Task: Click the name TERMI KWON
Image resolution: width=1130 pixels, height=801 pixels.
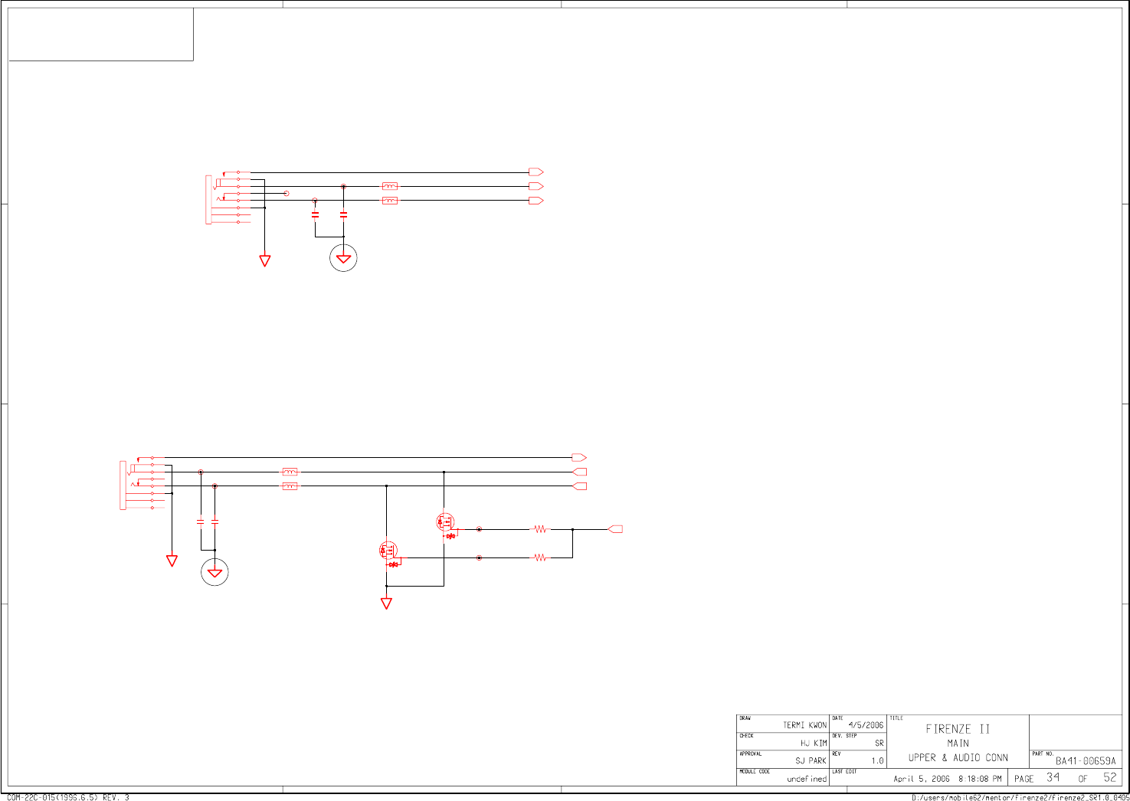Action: pyautogui.click(x=804, y=725)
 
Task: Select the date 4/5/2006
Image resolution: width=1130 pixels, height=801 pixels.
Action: pyautogui.click(x=866, y=725)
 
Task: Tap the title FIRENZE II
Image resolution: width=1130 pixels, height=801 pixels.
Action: pyautogui.click(x=958, y=729)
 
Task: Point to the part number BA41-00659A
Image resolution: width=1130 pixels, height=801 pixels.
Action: pyautogui.click(x=1086, y=761)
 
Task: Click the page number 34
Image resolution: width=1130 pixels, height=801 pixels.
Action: pyautogui.click(x=1053, y=777)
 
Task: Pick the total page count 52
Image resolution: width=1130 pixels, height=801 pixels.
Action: pyautogui.click(x=1110, y=777)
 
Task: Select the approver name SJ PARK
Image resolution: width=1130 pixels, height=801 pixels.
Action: pyautogui.click(x=811, y=761)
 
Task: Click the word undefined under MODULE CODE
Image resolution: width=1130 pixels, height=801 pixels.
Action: pyautogui.click(x=807, y=779)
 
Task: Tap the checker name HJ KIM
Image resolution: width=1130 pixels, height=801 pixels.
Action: pyautogui.click(x=814, y=744)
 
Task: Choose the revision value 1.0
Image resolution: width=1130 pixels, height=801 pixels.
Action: pyautogui.click(x=877, y=761)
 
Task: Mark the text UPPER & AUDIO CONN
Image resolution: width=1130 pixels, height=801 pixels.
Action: pyautogui.click(x=958, y=758)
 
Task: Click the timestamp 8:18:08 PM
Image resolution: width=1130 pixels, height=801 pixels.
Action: pyautogui.click(x=980, y=779)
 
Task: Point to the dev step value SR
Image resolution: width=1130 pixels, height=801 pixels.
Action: pyautogui.click(x=879, y=744)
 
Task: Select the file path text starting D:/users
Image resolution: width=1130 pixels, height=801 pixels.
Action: pyautogui.click(x=1019, y=797)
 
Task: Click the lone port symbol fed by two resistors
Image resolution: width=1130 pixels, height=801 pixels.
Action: pyautogui.click(x=615, y=529)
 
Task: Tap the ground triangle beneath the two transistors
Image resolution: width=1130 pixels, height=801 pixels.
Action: pyautogui.click(x=386, y=603)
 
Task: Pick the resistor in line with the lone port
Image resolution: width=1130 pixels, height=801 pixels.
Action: pyautogui.click(x=541, y=529)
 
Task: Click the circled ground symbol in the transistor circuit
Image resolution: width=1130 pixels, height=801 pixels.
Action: pyautogui.click(x=215, y=572)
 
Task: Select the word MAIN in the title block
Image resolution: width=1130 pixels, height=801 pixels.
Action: pyautogui.click(x=958, y=744)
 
